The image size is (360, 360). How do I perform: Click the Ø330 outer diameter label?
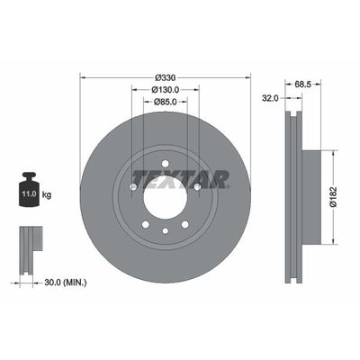point(163,77)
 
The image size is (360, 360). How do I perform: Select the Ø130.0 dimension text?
point(163,90)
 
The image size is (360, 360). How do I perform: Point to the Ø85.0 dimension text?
point(163,102)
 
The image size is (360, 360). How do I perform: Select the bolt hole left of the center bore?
point(132,186)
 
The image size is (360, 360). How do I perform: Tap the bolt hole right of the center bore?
point(195,186)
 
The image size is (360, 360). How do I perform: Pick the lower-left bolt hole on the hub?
point(144,224)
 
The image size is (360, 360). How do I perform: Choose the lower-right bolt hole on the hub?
point(184,224)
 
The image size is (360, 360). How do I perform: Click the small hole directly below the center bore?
point(164,231)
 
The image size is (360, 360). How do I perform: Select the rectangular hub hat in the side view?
point(309,196)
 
